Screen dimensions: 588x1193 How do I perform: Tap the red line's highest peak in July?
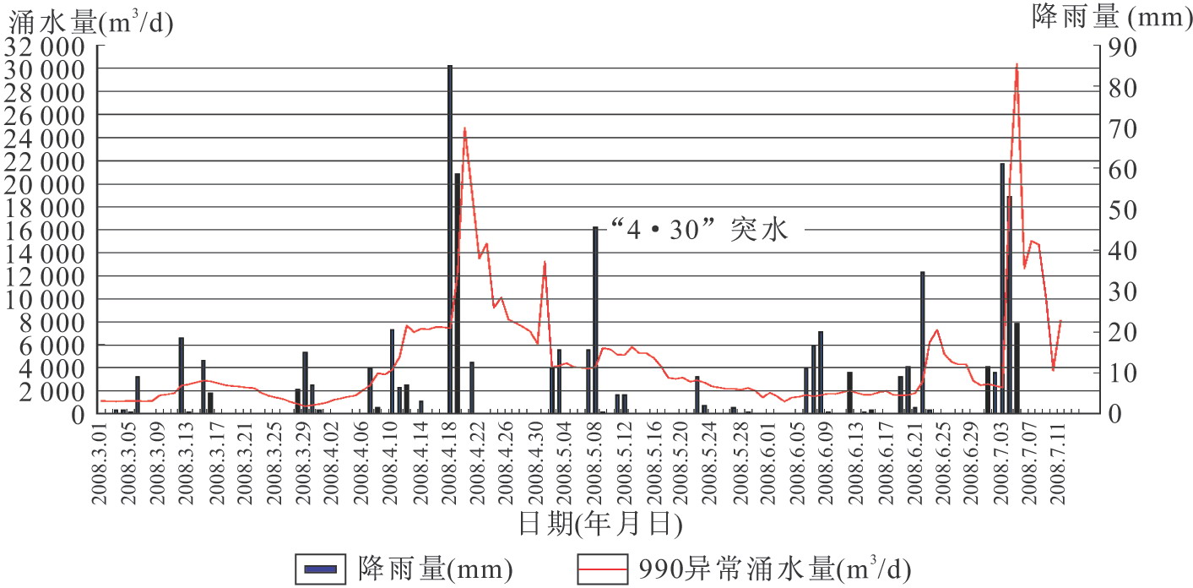[1017, 65]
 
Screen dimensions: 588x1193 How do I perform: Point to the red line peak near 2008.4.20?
[464, 128]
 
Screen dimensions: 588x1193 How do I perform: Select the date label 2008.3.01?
[100, 461]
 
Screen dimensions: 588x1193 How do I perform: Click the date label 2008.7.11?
[1060, 461]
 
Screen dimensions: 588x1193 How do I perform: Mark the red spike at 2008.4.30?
[545, 263]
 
